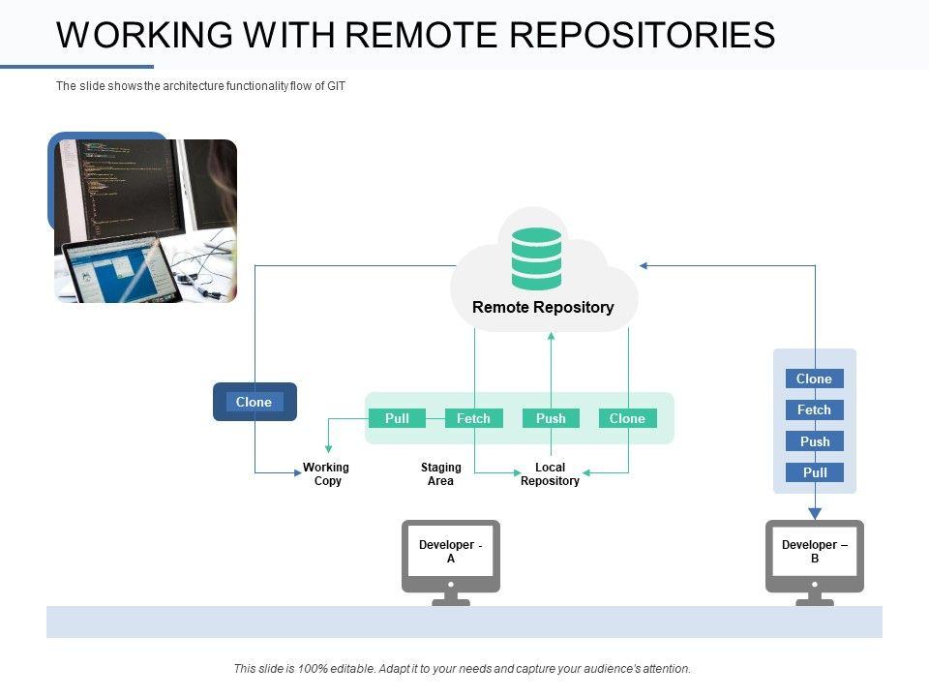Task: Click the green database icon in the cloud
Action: (x=536, y=258)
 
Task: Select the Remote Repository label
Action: (x=543, y=307)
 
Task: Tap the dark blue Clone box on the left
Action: (x=255, y=402)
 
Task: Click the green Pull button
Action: (x=397, y=418)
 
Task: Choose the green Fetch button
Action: (x=473, y=418)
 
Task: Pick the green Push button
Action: (x=551, y=418)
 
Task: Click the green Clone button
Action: (x=627, y=418)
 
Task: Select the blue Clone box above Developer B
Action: (x=814, y=379)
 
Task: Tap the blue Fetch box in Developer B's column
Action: (x=814, y=409)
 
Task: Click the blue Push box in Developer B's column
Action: (x=814, y=441)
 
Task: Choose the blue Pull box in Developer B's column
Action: (x=814, y=472)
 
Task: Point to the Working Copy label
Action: (x=326, y=474)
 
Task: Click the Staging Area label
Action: (x=440, y=474)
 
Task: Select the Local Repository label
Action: (x=550, y=474)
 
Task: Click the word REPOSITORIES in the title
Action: (x=642, y=35)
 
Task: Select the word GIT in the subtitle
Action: (x=335, y=86)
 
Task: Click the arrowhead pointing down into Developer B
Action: (x=815, y=513)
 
